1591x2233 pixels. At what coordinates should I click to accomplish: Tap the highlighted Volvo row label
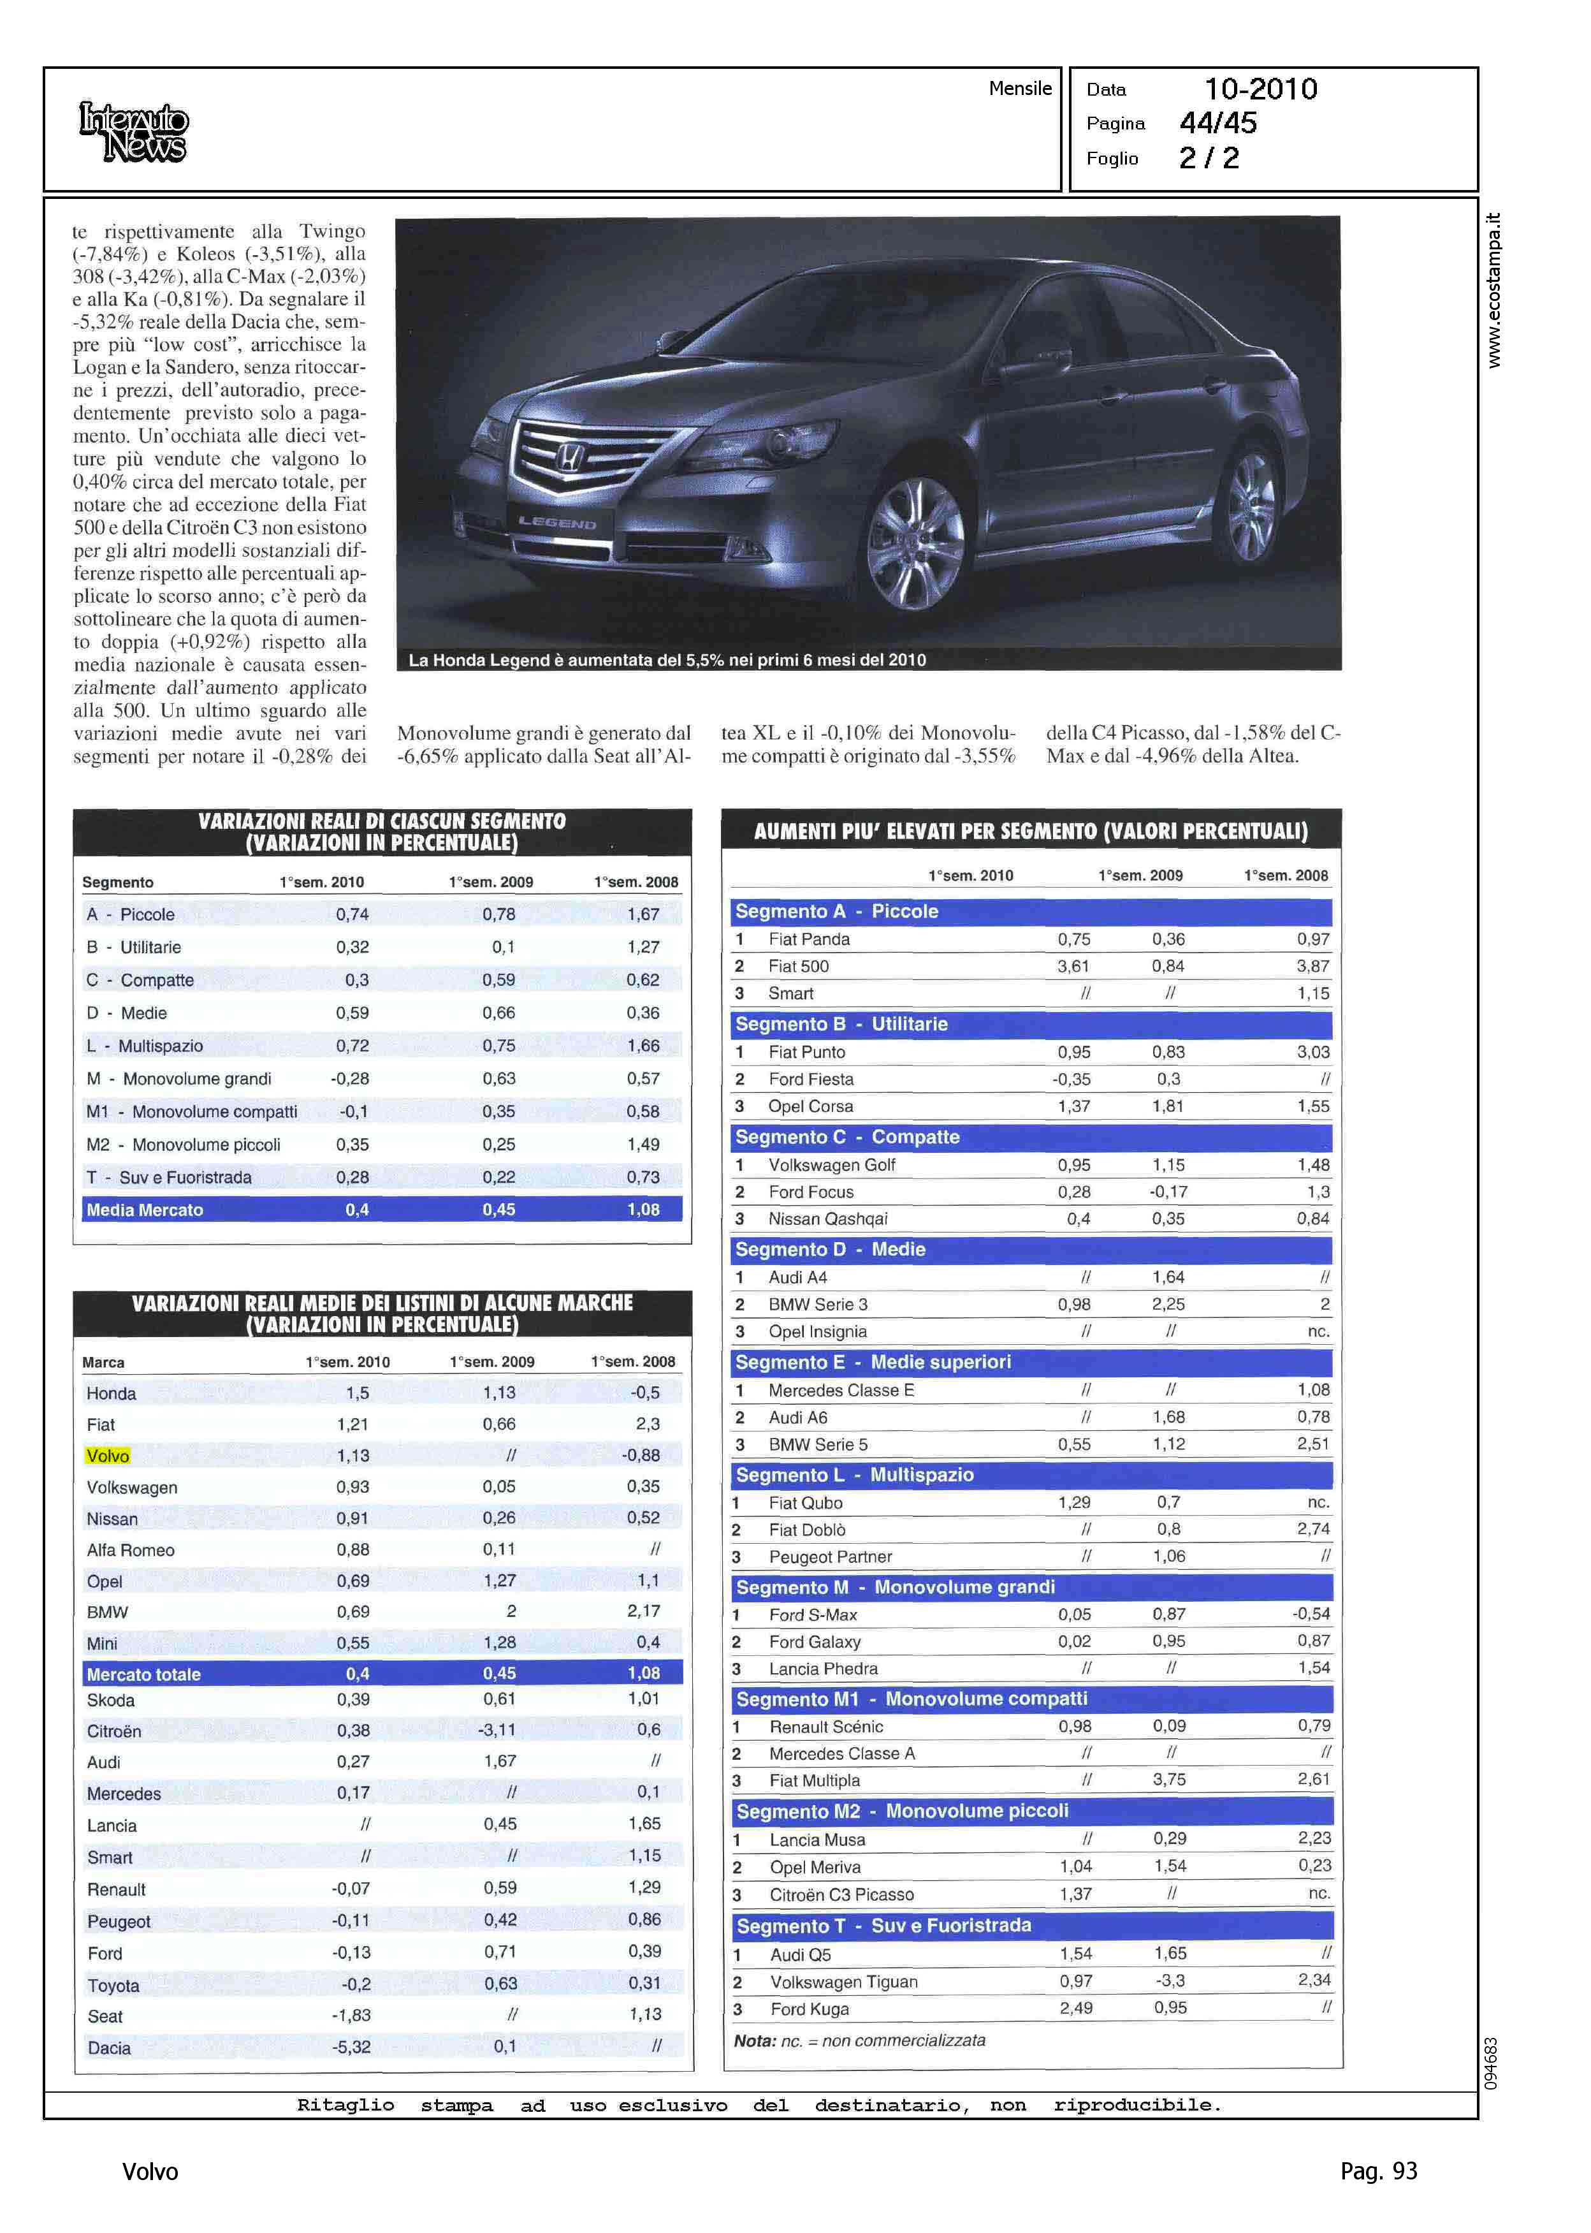pyautogui.click(x=108, y=1456)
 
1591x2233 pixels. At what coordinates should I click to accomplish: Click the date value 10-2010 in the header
pyautogui.click(x=1260, y=89)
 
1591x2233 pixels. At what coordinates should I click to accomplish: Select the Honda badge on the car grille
pyautogui.click(x=569, y=457)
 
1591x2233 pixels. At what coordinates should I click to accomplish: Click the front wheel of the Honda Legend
pyautogui.click(x=915, y=542)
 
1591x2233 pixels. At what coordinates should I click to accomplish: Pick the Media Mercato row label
pyautogui.click(x=145, y=1210)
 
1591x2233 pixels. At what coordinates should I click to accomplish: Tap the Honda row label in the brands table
pyautogui.click(x=112, y=1393)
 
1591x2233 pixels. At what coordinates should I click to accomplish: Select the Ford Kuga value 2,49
pyautogui.click(x=1076, y=2008)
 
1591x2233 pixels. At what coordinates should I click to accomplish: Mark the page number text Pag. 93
pyautogui.click(x=1377, y=2171)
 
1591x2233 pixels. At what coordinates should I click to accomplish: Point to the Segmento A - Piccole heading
pyautogui.click(x=837, y=911)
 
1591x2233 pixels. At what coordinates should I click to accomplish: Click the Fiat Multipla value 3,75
pyautogui.click(x=1169, y=1780)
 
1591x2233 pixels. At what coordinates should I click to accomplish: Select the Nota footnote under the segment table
pyautogui.click(x=859, y=2041)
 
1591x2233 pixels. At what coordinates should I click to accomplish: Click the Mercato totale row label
pyautogui.click(x=143, y=1674)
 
